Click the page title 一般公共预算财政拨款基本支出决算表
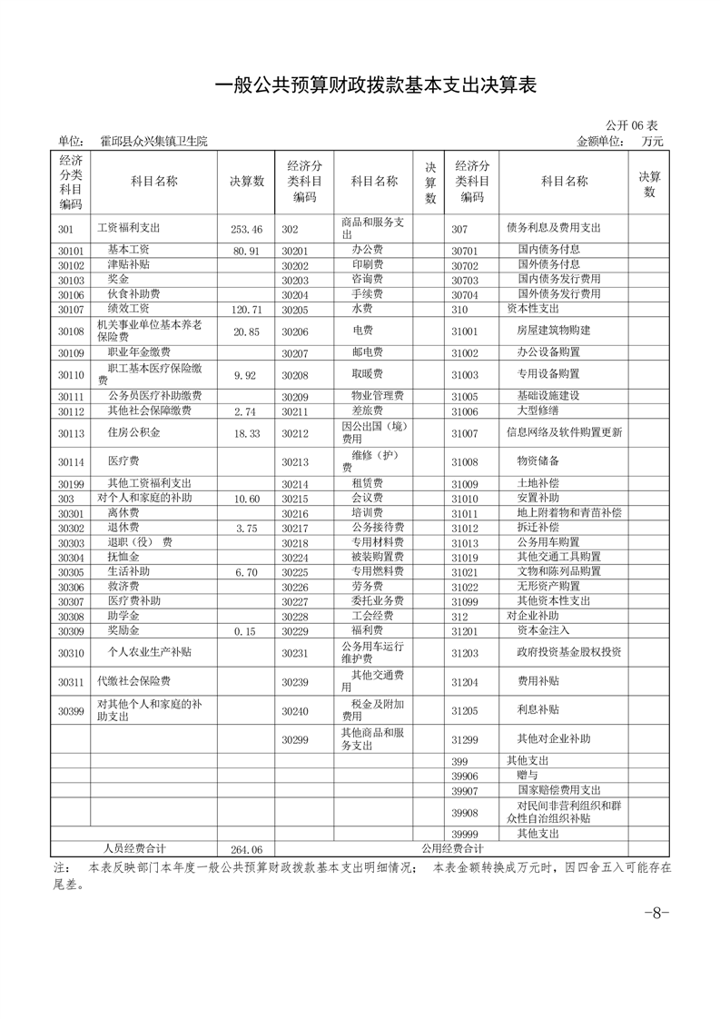(x=376, y=85)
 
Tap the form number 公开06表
(x=631, y=124)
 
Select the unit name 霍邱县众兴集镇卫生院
(x=153, y=141)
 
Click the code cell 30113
(x=71, y=434)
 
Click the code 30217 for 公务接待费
(x=295, y=528)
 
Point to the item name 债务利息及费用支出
(x=553, y=228)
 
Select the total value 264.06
(x=246, y=849)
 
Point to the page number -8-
(x=656, y=913)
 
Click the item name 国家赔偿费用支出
(x=559, y=790)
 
